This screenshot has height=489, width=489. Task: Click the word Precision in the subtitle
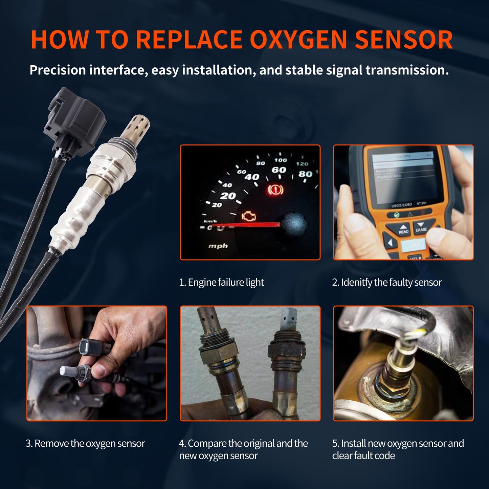(58, 70)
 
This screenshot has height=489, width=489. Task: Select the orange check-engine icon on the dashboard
(249, 216)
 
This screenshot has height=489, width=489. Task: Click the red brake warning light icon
(275, 190)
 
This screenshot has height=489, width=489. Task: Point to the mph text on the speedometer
(218, 246)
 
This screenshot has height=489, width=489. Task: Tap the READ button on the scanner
(403, 230)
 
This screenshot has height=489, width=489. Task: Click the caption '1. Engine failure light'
(221, 282)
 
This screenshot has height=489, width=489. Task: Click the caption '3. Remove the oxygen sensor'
(85, 443)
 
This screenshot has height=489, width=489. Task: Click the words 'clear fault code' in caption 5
(363, 456)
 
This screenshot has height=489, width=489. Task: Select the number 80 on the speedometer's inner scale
(305, 174)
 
